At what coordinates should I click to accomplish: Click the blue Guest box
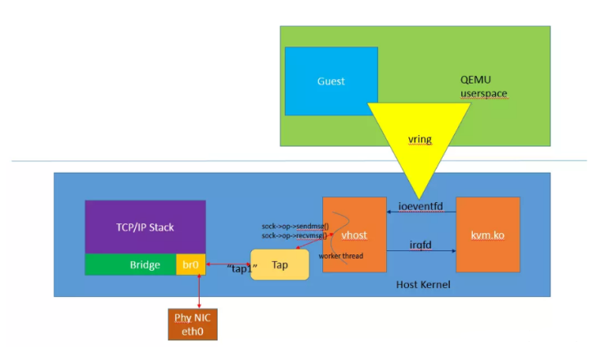[331, 81]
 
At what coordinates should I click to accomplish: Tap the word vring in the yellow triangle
[419, 139]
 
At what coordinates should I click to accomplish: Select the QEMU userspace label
[484, 88]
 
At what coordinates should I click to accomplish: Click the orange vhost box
[353, 234]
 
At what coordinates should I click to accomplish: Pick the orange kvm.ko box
[488, 234]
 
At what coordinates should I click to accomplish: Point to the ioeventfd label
[421, 205]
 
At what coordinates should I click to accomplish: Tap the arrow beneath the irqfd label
[421, 253]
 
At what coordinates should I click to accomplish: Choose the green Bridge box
[131, 265]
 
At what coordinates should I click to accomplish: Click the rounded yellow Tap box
[280, 265]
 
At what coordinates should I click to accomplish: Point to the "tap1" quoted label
[243, 268]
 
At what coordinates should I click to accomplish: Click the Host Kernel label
[423, 283]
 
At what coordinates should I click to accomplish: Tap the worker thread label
[341, 256]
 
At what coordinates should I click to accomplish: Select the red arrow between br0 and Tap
[227, 265]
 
